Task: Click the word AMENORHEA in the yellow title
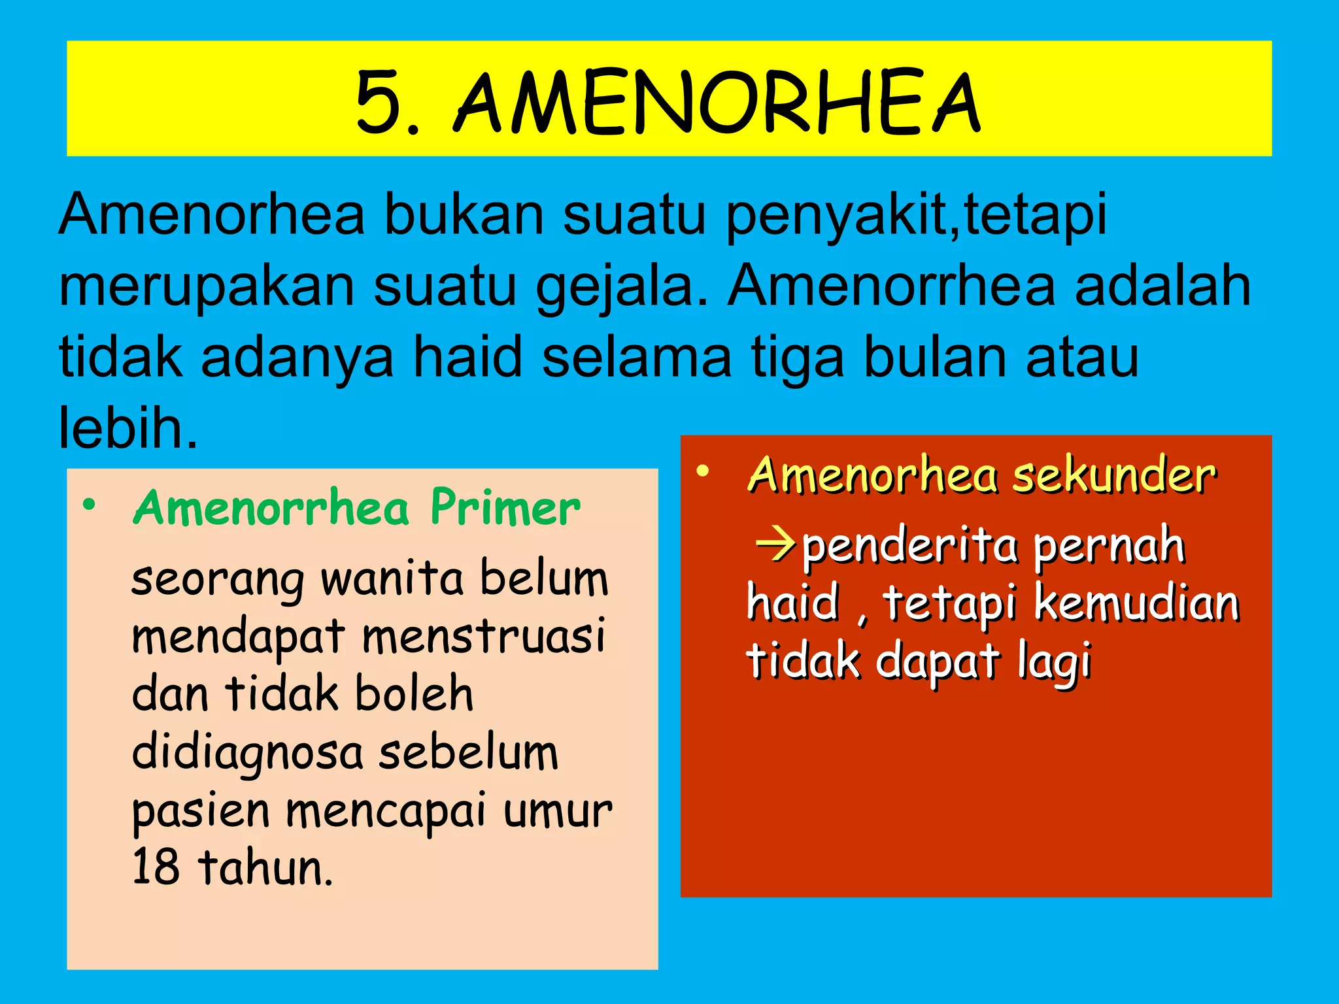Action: pos(717,103)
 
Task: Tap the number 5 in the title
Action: pos(379,103)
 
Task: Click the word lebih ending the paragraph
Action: pos(127,428)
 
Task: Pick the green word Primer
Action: pos(505,508)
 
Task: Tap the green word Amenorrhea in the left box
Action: pos(271,508)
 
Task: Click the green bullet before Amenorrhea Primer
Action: pos(89,505)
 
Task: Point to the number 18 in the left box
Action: pos(156,867)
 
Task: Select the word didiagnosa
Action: pos(247,754)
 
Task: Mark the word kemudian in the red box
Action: pos(1137,603)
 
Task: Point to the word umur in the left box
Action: pos(557,811)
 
